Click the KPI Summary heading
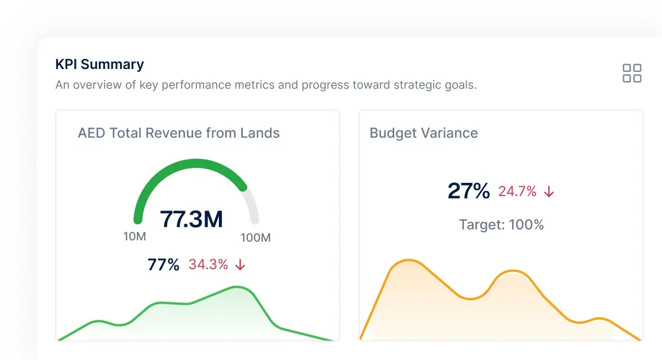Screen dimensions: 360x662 tap(99, 64)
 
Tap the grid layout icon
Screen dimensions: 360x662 tap(632, 73)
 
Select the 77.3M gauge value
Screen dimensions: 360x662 tap(191, 219)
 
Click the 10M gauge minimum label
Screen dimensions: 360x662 tap(134, 236)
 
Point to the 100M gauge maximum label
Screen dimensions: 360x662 tap(255, 238)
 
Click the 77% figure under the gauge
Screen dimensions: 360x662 tap(164, 265)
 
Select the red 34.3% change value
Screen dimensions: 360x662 tap(208, 265)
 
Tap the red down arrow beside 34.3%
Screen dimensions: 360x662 tap(240, 265)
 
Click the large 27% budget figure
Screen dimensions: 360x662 tap(468, 191)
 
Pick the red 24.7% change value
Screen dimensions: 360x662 tap(517, 192)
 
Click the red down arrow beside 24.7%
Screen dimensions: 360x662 tap(549, 192)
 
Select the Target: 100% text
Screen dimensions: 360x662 tap(501, 224)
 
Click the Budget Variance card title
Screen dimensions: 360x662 tap(424, 133)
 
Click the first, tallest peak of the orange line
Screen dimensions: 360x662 tap(407, 261)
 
